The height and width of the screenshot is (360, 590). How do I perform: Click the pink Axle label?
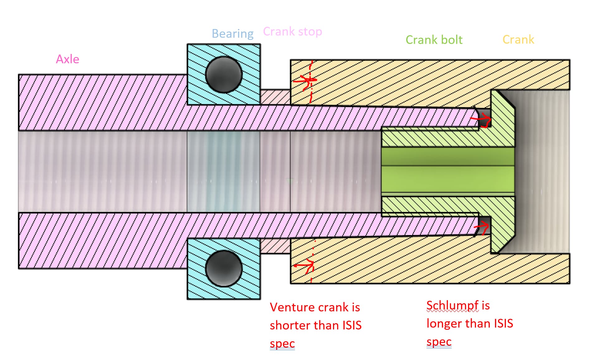pyautogui.click(x=68, y=59)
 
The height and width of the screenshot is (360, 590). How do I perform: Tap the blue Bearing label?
pyautogui.click(x=232, y=34)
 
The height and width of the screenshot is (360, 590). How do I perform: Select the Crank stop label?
pyautogui.click(x=292, y=31)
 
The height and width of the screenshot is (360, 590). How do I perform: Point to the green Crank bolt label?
pyautogui.click(x=434, y=40)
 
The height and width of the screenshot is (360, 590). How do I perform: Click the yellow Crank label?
pyautogui.click(x=518, y=40)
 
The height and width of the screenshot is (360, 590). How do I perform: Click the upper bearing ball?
pyautogui.click(x=224, y=75)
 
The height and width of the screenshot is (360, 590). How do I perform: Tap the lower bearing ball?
pyautogui.click(x=224, y=268)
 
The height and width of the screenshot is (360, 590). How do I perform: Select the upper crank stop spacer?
pyautogui.click(x=275, y=97)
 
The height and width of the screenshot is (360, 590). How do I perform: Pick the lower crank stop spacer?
pyautogui.click(x=275, y=246)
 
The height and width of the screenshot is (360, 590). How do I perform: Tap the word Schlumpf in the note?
pyautogui.click(x=452, y=305)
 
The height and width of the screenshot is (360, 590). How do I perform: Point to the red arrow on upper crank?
pyautogui.click(x=305, y=80)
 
